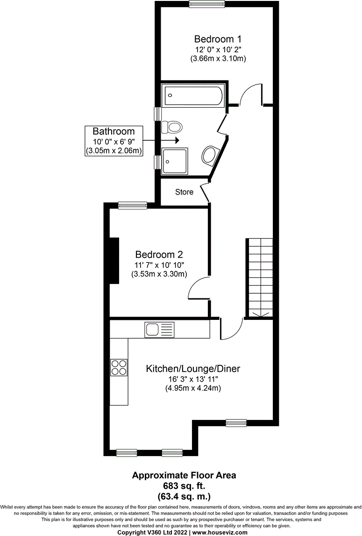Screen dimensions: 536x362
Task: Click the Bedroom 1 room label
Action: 218,39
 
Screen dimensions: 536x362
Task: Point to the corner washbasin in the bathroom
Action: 211,155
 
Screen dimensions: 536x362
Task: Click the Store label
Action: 184,192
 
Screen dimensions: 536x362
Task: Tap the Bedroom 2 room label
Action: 159,255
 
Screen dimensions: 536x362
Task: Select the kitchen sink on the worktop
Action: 154,330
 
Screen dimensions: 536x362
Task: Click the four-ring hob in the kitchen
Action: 119,367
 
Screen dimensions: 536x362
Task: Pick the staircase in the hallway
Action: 260,277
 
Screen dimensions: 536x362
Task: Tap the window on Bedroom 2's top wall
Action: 133,205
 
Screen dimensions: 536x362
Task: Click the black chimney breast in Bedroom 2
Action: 114,260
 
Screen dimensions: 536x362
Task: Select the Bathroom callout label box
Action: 114,141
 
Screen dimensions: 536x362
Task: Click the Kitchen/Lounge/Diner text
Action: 193,369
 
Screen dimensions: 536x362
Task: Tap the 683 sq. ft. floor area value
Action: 184,485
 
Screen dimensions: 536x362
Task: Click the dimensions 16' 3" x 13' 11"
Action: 193,379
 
